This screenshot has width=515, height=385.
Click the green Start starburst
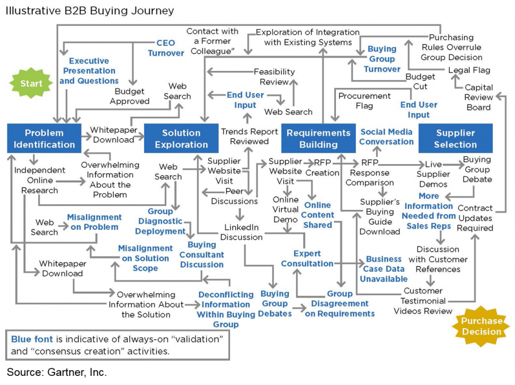click(x=32, y=84)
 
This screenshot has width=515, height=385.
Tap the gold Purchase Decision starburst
click(x=482, y=326)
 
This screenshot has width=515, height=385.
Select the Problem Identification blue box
click(x=45, y=138)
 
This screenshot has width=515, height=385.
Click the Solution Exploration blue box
click(x=181, y=138)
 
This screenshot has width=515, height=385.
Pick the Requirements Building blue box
click(x=318, y=138)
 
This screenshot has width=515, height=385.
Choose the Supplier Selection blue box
click(x=455, y=138)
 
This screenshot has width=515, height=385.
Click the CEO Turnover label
click(x=166, y=48)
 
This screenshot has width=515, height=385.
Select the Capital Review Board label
click(x=478, y=97)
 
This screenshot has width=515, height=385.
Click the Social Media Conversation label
click(x=386, y=137)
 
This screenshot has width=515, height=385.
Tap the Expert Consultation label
click(x=307, y=259)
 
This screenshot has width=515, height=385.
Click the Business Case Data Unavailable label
click(x=383, y=269)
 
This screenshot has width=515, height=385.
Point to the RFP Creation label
click(x=322, y=167)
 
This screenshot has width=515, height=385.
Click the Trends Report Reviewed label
click(x=249, y=136)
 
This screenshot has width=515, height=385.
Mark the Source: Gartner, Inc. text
click(x=57, y=372)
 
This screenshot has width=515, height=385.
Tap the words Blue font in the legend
click(x=29, y=339)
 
